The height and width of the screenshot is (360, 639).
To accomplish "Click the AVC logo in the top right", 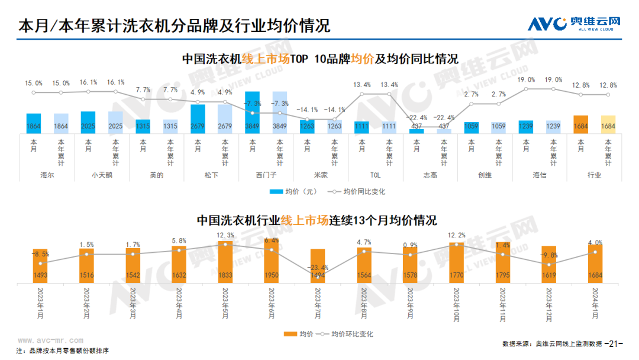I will pos(574,24).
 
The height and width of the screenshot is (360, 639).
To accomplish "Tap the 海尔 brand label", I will pos(47,175).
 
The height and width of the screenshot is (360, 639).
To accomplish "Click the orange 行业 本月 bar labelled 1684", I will pos(581,124).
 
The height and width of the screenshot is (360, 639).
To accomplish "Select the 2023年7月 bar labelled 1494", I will pos(318,265).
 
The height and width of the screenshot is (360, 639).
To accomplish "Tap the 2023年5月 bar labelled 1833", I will pos(225,261).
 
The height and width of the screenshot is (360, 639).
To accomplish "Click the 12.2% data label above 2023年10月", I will pos(457,236).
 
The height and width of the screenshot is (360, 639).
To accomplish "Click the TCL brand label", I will pos(375,175).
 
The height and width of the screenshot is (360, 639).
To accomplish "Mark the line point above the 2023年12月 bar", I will pos(549,264).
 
